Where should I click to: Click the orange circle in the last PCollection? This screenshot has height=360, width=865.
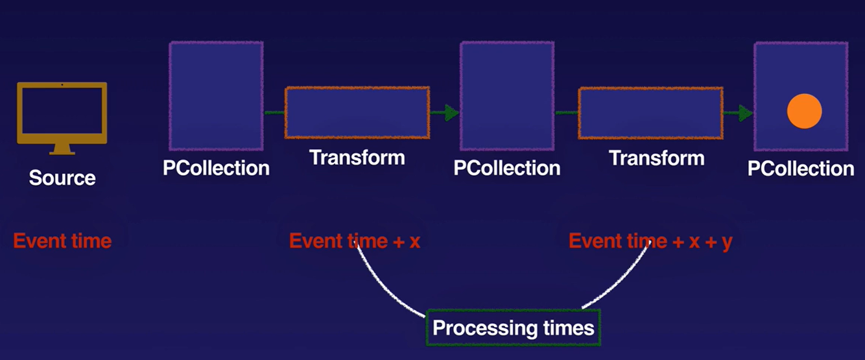(x=804, y=111)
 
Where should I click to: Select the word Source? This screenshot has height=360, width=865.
(x=62, y=178)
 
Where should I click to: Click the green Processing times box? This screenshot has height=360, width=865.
(x=513, y=328)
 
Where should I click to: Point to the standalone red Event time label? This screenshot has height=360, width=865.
(x=62, y=241)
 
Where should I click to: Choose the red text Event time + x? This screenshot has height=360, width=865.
(x=355, y=241)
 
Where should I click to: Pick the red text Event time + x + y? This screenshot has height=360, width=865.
(x=650, y=241)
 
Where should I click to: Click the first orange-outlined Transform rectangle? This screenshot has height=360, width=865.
(x=357, y=112)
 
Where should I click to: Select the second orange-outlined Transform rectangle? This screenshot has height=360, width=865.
(x=650, y=113)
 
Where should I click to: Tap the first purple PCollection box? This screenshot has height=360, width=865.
(x=216, y=87)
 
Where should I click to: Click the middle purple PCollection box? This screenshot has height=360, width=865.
(x=507, y=87)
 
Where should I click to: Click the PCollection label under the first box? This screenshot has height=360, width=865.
(x=216, y=168)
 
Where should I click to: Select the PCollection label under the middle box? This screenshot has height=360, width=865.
(x=507, y=168)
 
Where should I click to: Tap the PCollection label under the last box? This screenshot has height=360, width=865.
(x=801, y=169)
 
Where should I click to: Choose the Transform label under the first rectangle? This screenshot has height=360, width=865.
(x=357, y=158)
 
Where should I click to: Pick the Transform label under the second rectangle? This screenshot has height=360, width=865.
(x=657, y=158)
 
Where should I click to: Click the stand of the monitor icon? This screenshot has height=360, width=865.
(x=62, y=149)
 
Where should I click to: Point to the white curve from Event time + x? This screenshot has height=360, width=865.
(x=386, y=289)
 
